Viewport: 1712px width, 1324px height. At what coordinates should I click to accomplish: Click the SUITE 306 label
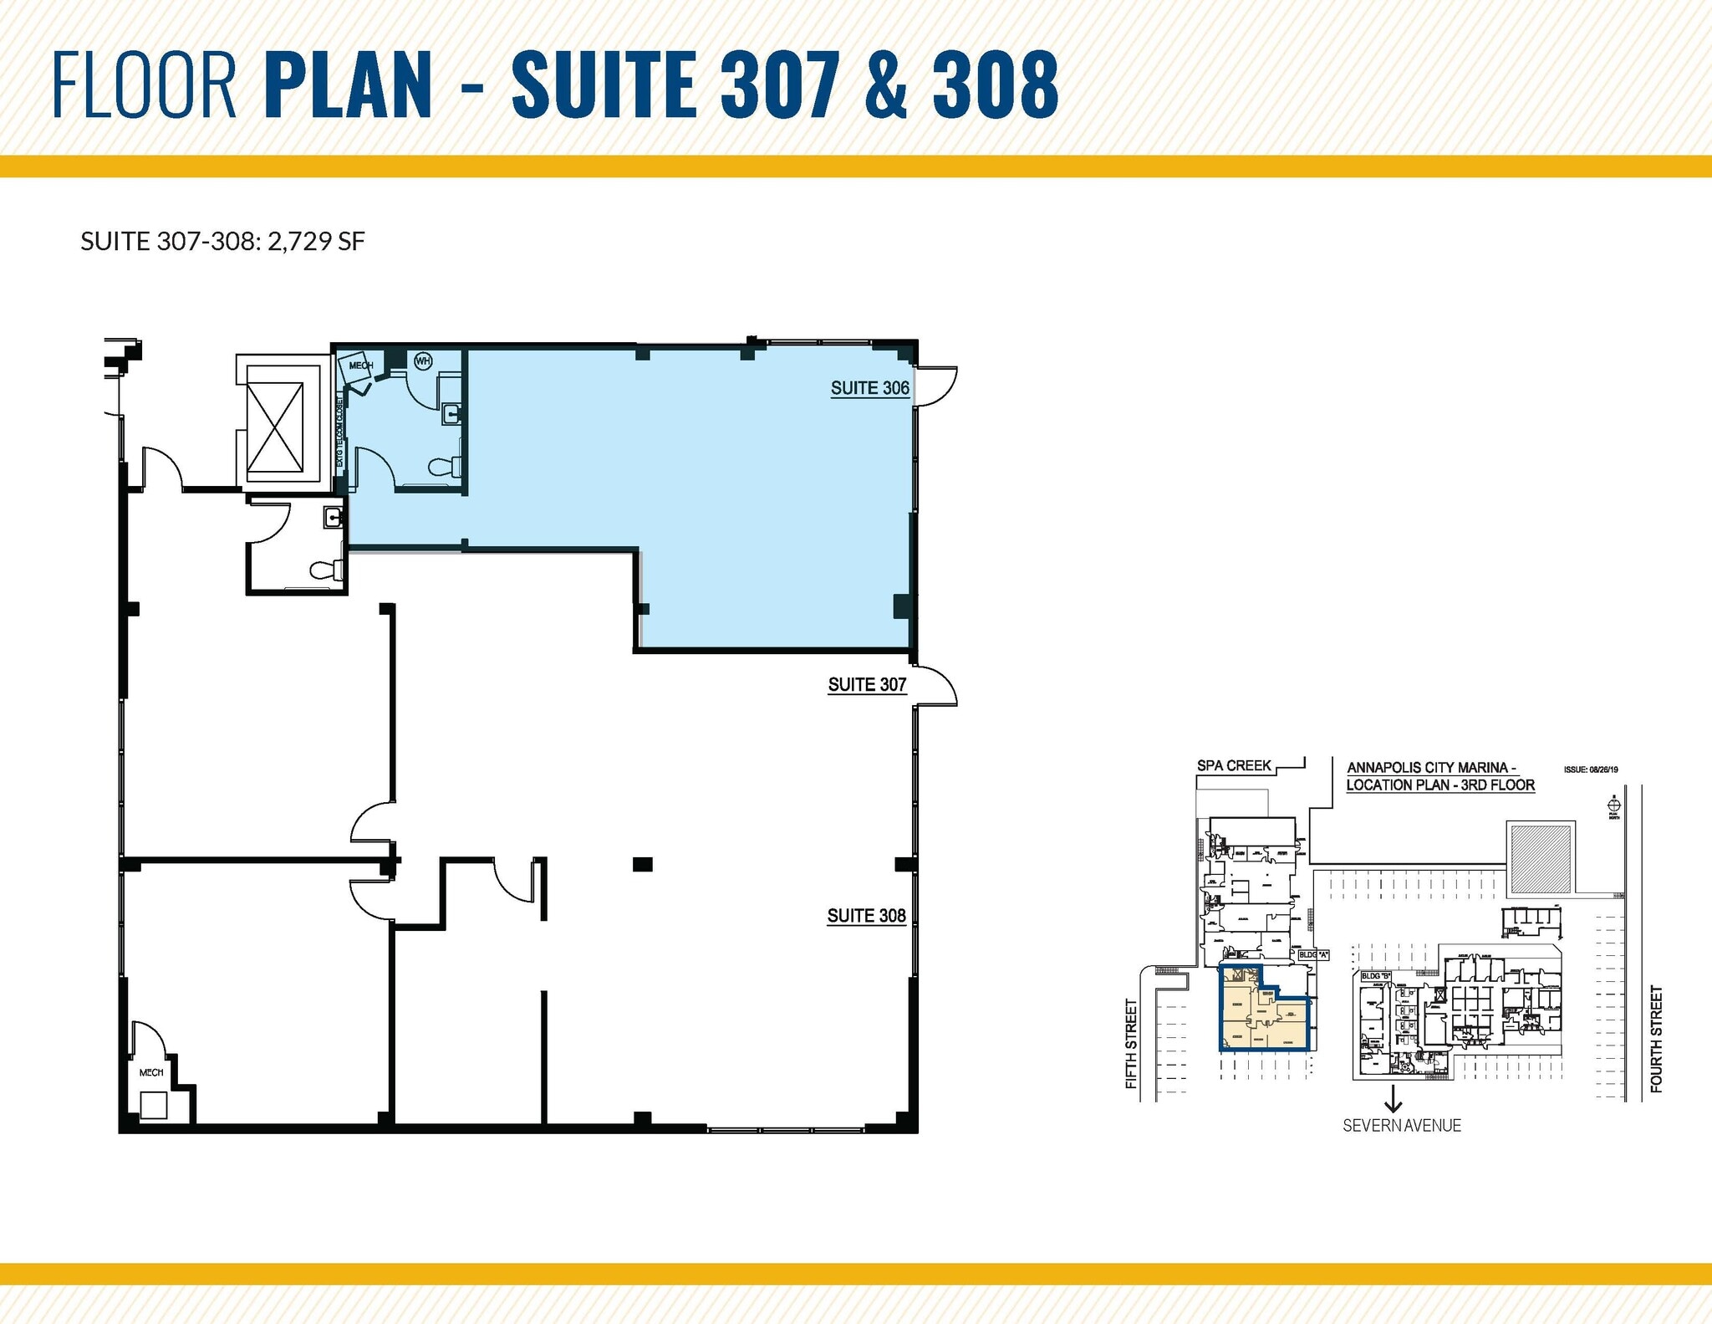point(869,388)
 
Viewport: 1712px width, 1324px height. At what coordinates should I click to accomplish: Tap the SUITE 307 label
point(867,685)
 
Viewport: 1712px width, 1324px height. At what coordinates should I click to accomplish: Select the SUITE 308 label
point(866,916)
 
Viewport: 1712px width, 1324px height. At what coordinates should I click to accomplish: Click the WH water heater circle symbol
point(423,361)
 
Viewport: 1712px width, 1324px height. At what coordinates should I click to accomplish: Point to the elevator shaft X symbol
point(276,426)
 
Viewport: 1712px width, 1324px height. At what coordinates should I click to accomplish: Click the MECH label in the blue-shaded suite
point(360,366)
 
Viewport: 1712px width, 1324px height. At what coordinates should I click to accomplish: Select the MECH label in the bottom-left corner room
point(151,1072)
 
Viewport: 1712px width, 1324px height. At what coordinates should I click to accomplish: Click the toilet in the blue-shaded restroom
point(443,467)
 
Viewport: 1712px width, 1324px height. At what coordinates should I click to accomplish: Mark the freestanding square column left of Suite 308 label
point(641,864)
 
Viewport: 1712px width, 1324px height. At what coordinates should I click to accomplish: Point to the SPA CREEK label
point(1234,765)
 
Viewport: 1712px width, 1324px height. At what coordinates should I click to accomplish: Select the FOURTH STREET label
point(1656,1039)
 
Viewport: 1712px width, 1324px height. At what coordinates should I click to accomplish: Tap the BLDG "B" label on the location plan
point(1376,976)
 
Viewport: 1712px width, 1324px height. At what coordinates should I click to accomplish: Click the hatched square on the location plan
point(1541,857)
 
